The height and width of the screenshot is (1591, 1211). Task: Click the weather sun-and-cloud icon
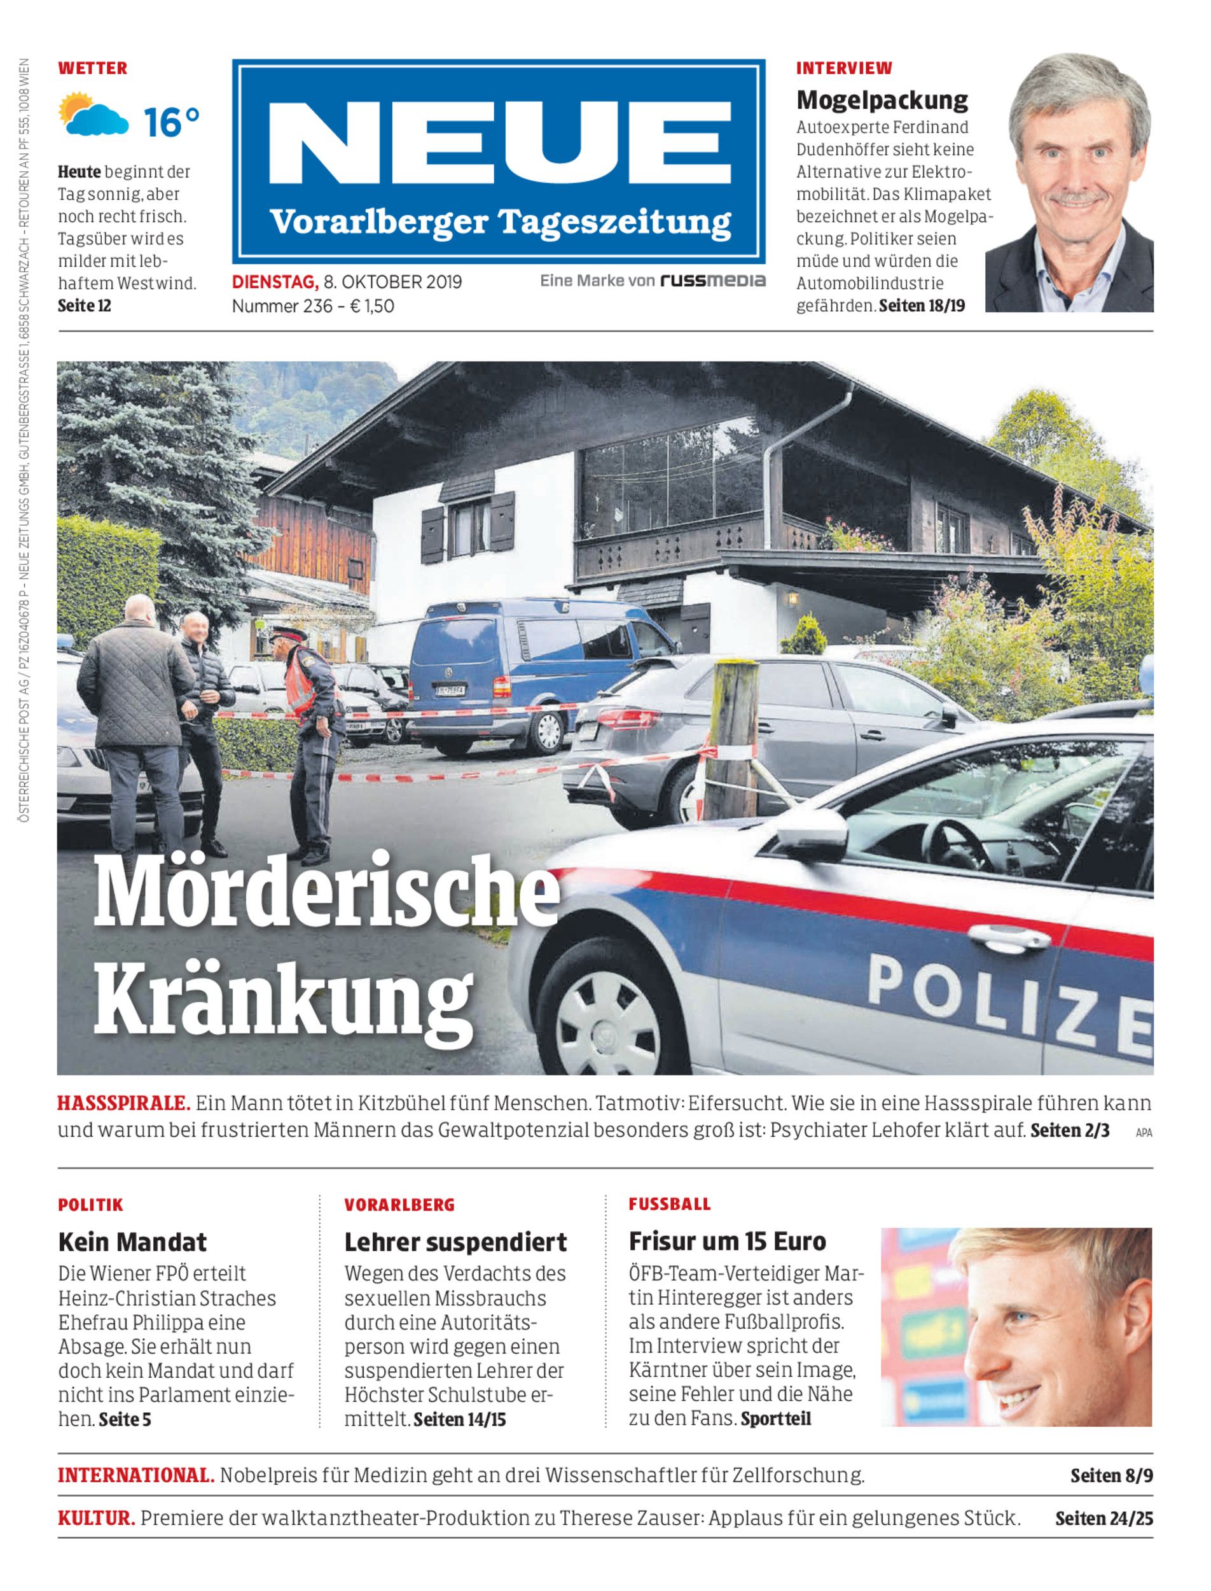point(92,115)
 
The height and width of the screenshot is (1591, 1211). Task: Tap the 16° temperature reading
point(171,121)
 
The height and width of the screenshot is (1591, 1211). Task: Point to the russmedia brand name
point(712,281)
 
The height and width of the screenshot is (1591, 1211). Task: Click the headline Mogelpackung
point(882,99)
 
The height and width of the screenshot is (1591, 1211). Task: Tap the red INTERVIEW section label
point(844,69)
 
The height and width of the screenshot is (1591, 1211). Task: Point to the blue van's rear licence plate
point(450,690)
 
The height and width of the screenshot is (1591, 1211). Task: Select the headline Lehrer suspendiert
point(455,1242)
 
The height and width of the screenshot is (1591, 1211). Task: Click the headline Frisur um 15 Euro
point(728,1241)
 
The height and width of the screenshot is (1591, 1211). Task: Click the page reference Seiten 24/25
point(1104,1518)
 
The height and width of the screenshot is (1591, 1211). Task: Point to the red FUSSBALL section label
point(670,1203)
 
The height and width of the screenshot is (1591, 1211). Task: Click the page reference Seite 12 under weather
point(85,305)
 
